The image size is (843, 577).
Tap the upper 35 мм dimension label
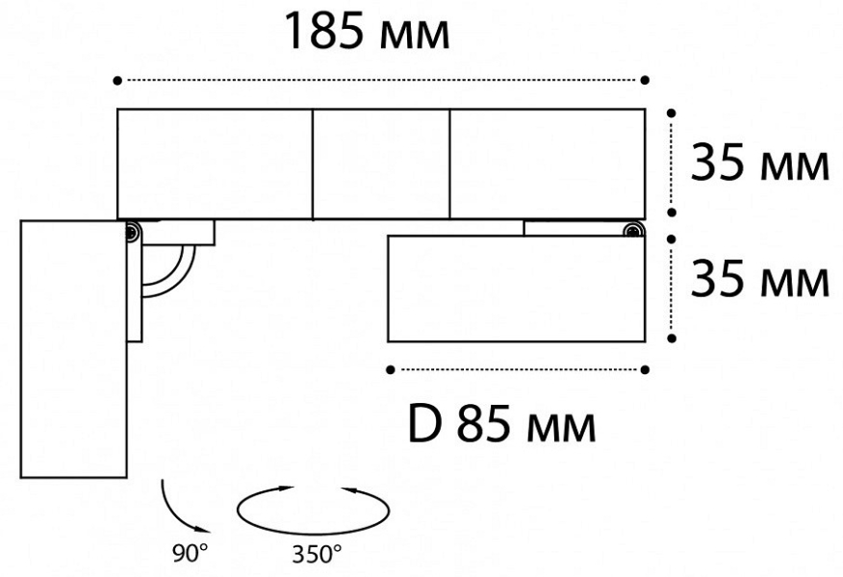point(759,162)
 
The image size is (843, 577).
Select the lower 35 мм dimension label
point(759,278)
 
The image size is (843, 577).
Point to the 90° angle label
point(191,553)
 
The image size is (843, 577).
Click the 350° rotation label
point(317,554)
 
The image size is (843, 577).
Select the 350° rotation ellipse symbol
point(314,511)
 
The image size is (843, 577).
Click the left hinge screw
point(132,232)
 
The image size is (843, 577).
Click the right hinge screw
point(633,231)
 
